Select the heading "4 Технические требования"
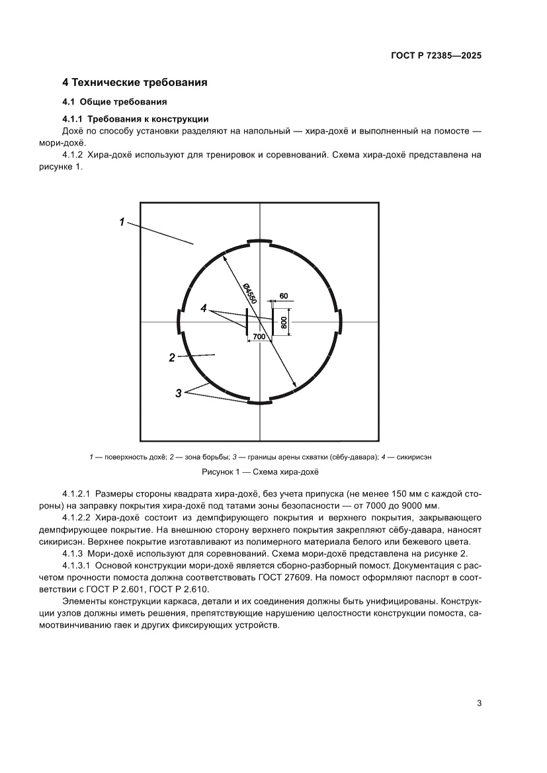[x=135, y=83]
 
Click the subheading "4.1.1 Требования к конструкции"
[x=135, y=119]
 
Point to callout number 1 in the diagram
[x=122, y=223]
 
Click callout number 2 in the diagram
[x=172, y=358]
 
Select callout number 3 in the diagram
[x=178, y=393]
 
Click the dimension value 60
[x=283, y=296]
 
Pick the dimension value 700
[x=259, y=337]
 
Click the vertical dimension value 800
[x=284, y=322]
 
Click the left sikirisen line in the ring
[x=247, y=322]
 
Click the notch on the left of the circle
[x=179, y=322]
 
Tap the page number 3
[x=478, y=703]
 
